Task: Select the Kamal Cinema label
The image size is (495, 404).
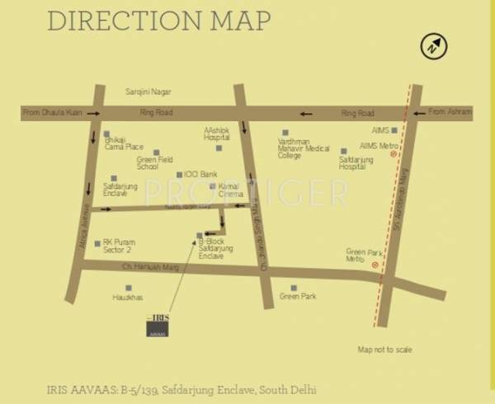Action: [x=229, y=190]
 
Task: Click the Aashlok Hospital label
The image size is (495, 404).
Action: [x=217, y=134]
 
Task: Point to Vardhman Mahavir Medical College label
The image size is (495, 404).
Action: [x=304, y=147]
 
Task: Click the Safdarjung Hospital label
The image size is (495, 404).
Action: [x=356, y=162]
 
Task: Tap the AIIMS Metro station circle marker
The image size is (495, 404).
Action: [x=394, y=154]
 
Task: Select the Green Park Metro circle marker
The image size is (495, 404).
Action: [x=376, y=265]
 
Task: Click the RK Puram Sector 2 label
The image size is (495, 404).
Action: [x=117, y=246]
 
